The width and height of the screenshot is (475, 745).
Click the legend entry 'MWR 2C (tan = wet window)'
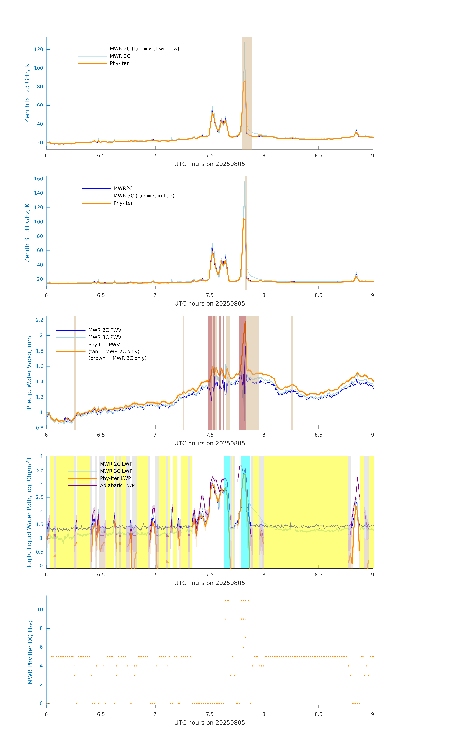(x=144, y=49)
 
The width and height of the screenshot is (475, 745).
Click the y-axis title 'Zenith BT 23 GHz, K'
(x=27, y=93)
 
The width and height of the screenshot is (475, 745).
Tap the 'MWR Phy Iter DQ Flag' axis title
(x=30, y=652)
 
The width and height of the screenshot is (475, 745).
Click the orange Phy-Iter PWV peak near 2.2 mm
(x=245, y=322)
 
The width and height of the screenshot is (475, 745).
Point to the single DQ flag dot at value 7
(x=245, y=638)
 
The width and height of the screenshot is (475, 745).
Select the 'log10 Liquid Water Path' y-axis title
(x=29, y=512)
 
